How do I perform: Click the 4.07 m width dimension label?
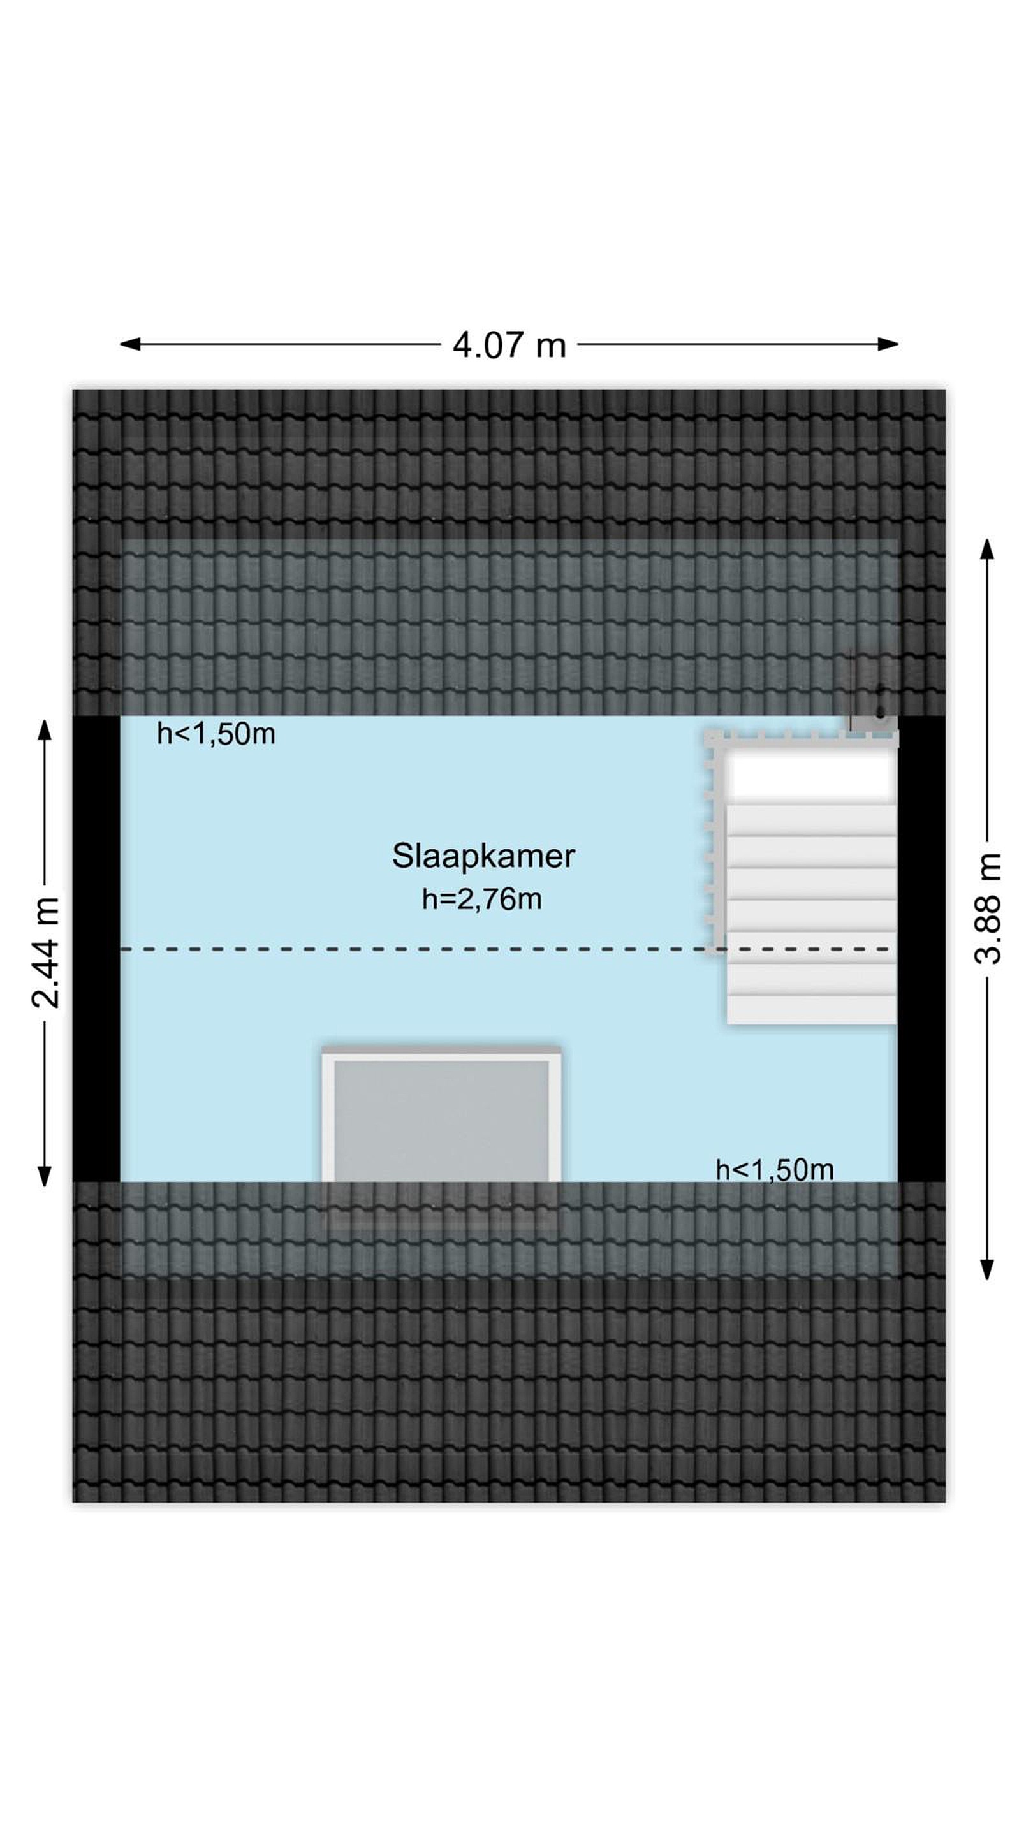click(509, 346)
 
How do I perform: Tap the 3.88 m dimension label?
click(988, 908)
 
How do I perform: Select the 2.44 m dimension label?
click(46, 952)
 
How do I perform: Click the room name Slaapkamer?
click(483, 856)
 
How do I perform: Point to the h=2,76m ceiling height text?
click(481, 900)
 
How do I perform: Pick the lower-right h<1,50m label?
click(774, 1170)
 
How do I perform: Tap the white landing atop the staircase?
click(811, 775)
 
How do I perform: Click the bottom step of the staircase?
click(811, 1009)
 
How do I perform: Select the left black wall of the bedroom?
click(96, 949)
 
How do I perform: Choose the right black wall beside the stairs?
click(921, 949)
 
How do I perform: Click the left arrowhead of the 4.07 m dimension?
click(129, 344)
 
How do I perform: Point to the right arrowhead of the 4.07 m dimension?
click(888, 344)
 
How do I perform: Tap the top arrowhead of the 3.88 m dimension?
click(987, 550)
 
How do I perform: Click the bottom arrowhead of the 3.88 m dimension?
click(987, 1269)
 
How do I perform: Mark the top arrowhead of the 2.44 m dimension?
click(45, 730)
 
